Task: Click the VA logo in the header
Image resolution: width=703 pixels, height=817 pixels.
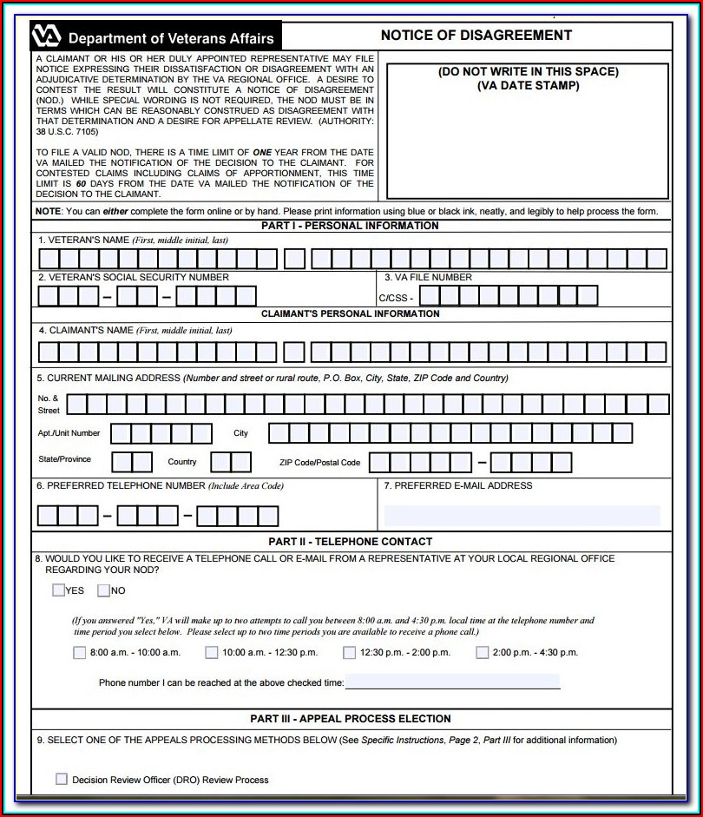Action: [47, 36]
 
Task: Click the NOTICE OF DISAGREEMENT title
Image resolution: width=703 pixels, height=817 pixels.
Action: [476, 36]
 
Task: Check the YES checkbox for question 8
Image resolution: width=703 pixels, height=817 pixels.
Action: [58, 590]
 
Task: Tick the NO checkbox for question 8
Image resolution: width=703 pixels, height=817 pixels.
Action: [103, 590]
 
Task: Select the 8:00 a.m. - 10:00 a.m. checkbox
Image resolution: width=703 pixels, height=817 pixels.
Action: [80, 653]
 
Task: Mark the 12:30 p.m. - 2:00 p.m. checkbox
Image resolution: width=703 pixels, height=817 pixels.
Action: [349, 653]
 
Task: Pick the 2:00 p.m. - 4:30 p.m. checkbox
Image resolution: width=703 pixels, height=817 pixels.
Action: [482, 653]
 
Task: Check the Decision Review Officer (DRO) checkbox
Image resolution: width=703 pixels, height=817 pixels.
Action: [62, 779]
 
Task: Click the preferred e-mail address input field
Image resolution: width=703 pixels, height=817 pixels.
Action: [522, 516]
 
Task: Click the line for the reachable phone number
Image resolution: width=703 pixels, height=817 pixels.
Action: [452, 682]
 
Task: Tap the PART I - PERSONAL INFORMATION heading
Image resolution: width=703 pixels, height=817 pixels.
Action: [350, 226]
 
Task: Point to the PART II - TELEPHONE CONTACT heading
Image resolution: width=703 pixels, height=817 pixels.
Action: [350, 542]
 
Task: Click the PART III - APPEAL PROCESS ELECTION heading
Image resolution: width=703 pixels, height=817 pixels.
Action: [350, 719]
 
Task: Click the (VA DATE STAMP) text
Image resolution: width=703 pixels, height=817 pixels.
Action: [528, 86]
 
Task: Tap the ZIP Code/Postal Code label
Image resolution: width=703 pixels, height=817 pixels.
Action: [319, 463]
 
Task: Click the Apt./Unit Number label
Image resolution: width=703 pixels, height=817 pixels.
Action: [69, 433]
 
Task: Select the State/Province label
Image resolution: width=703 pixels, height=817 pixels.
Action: [63, 459]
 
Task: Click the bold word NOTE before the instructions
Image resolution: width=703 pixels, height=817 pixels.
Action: [48, 212]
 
